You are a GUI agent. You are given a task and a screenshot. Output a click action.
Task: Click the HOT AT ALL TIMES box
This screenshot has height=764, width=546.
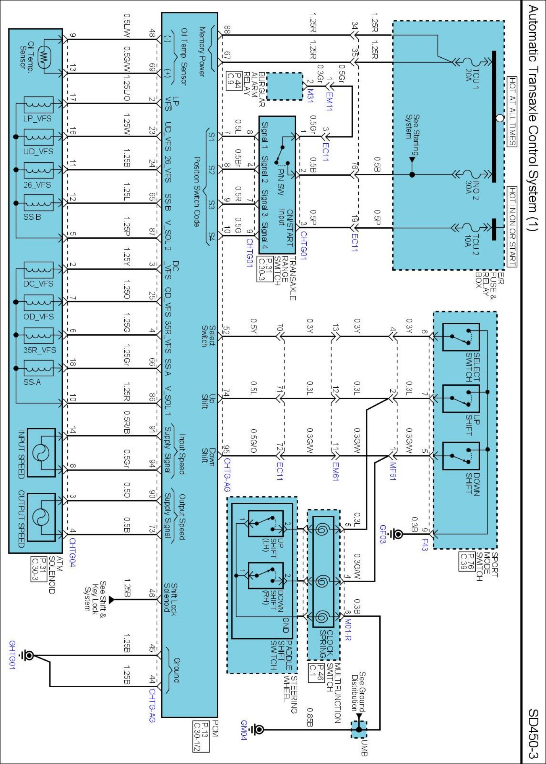pos(512,111)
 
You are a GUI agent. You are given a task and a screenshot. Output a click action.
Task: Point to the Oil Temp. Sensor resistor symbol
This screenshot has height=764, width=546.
pos(45,56)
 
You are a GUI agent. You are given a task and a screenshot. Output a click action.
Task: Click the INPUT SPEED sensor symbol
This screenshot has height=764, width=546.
pos(41,453)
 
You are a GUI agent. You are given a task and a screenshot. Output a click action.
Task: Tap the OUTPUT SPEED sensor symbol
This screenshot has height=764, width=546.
pos(41,517)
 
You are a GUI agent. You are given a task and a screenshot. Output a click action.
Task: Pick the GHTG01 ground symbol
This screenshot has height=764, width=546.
pos(28,656)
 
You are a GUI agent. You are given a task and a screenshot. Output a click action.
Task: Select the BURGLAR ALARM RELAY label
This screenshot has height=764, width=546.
pos(254,89)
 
